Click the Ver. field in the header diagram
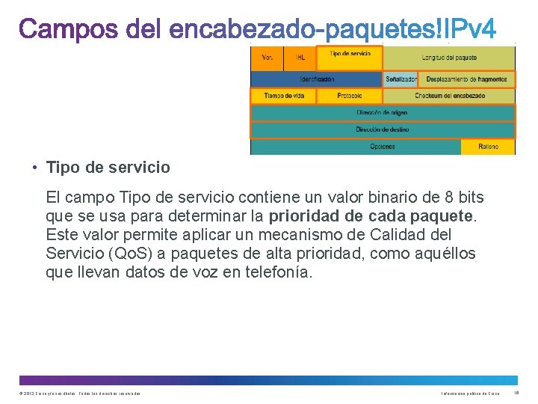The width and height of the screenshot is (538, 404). (267, 58)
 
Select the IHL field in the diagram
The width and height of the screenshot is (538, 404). (300, 58)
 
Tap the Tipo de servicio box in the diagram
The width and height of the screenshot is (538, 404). (350, 58)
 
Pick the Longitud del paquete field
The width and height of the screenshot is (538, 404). (449, 58)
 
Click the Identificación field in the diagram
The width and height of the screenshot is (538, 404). (317, 79)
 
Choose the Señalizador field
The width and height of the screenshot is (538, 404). (401, 79)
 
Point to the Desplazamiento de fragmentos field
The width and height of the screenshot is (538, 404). (467, 79)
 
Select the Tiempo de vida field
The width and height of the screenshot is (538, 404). (283, 96)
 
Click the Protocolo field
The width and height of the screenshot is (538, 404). (349, 96)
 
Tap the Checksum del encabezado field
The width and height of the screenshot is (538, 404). (449, 96)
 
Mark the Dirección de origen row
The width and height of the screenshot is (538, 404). (383, 113)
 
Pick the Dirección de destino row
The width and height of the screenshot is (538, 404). (383, 129)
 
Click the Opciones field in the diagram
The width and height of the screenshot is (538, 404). (383, 147)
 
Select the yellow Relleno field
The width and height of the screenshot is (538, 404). (489, 147)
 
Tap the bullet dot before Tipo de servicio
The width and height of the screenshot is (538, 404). (35, 168)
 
